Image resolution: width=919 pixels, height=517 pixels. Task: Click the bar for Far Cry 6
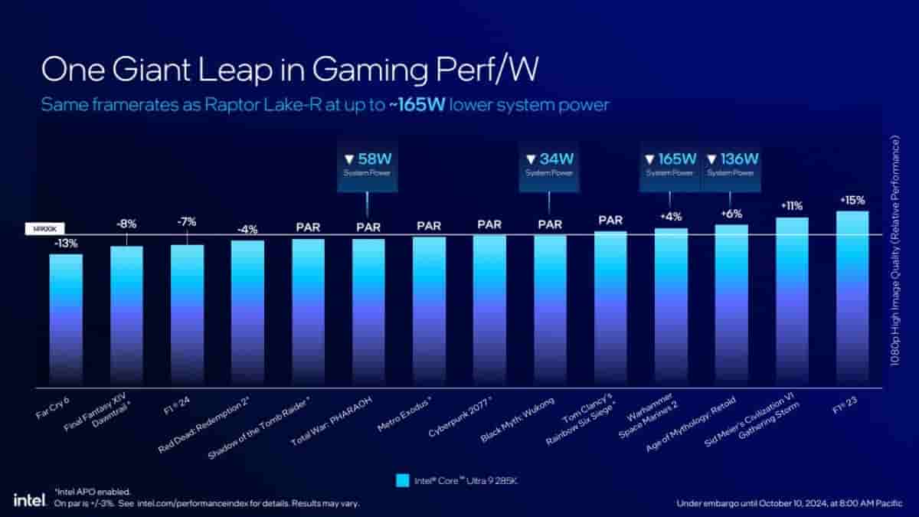click(x=66, y=318)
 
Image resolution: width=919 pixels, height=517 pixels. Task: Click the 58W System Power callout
click(x=368, y=165)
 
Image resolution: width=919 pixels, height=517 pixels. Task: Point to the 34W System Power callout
click(x=549, y=165)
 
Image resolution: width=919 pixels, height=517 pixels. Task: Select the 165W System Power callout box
click(x=670, y=165)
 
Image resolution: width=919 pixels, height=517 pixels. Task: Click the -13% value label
click(x=66, y=244)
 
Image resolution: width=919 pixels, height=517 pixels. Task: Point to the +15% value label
click(x=852, y=201)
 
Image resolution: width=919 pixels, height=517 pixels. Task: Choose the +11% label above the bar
click(x=791, y=206)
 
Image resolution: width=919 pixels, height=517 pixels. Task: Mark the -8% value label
click(x=126, y=224)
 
